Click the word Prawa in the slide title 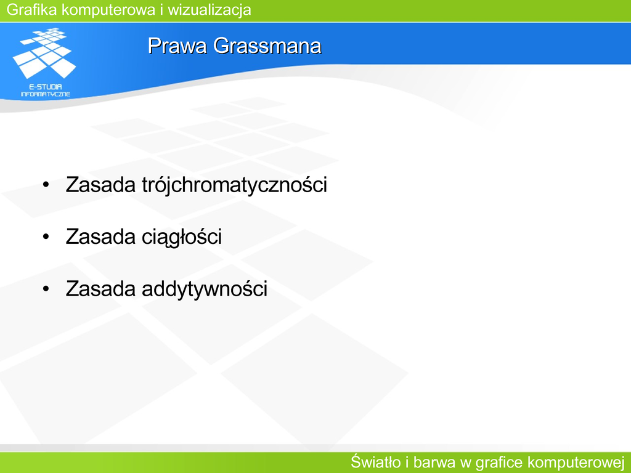pos(177,46)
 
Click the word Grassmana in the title pos(267,46)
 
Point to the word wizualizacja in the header pos(210,10)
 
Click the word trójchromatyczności pos(235,185)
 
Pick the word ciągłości pos(182,237)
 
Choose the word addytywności pos(205,289)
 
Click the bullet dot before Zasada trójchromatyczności pos(46,185)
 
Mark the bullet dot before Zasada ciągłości pos(46,237)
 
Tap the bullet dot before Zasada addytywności pos(46,289)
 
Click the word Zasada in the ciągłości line pos(100,236)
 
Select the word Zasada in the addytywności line pos(100,288)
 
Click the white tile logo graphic pos(44,53)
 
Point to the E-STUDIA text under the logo pos(46,86)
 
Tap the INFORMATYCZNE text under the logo pos(46,94)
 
